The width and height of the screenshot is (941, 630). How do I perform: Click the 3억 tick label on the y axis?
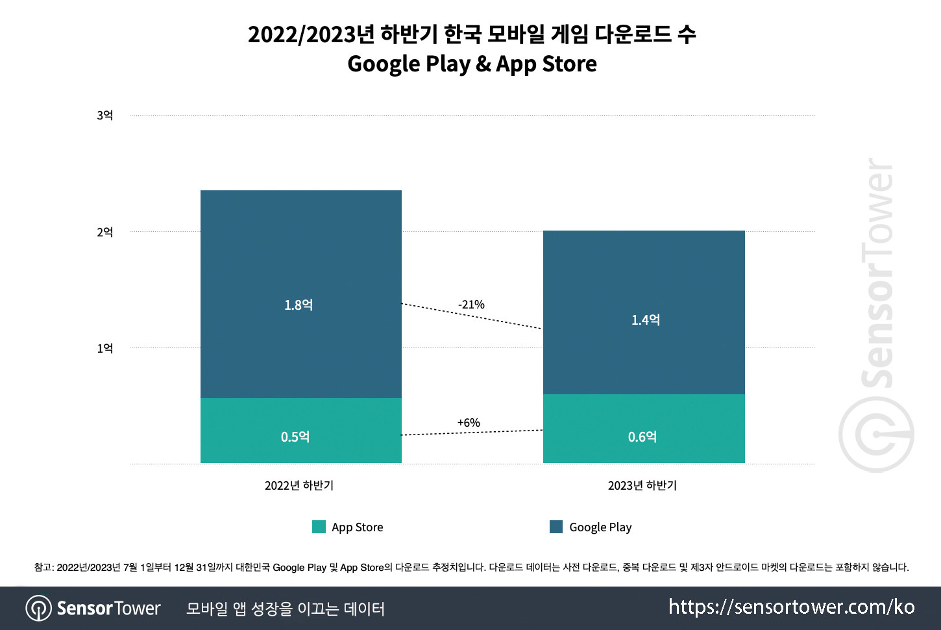tap(104, 116)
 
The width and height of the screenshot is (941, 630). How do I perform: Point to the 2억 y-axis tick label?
tap(104, 232)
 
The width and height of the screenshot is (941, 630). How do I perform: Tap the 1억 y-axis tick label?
tap(104, 348)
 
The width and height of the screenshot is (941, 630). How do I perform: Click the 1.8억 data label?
tap(299, 305)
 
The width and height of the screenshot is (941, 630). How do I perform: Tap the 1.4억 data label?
tap(646, 320)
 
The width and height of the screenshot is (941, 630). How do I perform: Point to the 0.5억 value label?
tap(295, 437)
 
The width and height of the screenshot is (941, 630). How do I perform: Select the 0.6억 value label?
tap(642, 437)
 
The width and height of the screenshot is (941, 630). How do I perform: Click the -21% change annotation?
tap(471, 305)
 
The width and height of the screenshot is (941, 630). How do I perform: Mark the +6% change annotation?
tap(469, 423)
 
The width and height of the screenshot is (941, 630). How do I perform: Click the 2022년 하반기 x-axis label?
tap(299, 486)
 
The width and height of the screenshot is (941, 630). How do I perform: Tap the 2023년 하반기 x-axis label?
tap(642, 486)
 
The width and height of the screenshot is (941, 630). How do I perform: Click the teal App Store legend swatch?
tap(319, 527)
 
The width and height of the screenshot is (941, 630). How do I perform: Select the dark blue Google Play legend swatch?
tap(556, 527)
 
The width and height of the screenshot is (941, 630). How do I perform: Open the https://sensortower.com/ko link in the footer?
tap(791, 607)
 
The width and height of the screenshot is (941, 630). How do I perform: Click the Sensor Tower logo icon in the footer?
tap(38, 609)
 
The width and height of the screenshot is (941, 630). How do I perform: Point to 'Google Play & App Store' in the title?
tap(472, 64)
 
